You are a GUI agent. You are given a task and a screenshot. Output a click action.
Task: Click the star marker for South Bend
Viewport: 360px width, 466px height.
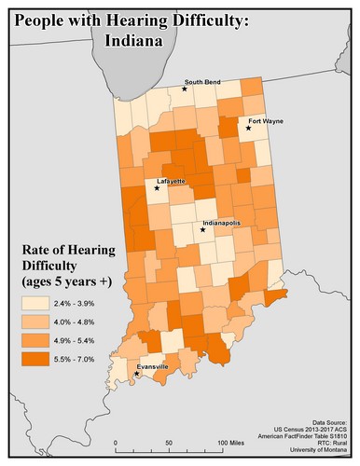[x=185, y=89]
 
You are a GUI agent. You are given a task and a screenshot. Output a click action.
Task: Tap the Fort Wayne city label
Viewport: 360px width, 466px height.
[x=265, y=121]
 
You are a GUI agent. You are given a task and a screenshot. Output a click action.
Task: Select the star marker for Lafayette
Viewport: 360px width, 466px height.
[x=157, y=188]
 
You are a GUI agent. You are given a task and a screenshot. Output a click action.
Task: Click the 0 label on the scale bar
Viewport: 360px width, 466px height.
[x=116, y=444]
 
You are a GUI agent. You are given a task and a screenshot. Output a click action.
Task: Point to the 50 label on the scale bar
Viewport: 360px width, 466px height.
[x=169, y=444]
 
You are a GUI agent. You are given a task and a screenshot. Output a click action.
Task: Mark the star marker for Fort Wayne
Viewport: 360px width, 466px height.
[x=247, y=129]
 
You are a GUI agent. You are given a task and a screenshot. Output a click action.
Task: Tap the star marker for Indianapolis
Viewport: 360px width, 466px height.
[x=202, y=229]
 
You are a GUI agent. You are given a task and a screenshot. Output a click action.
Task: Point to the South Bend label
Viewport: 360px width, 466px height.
[x=202, y=82]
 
